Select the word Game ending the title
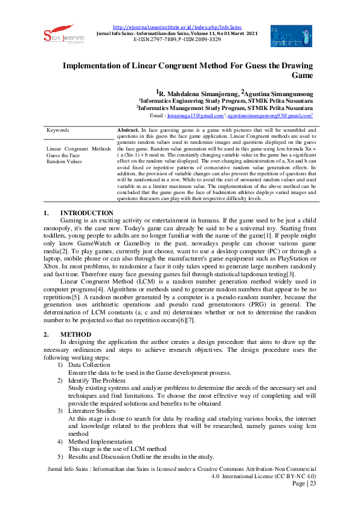(302, 76)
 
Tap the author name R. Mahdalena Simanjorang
(195, 93)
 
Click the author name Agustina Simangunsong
(278, 93)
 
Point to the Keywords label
(58, 131)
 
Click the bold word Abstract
(127, 131)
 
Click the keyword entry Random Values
(64, 161)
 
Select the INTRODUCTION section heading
(86, 196)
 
